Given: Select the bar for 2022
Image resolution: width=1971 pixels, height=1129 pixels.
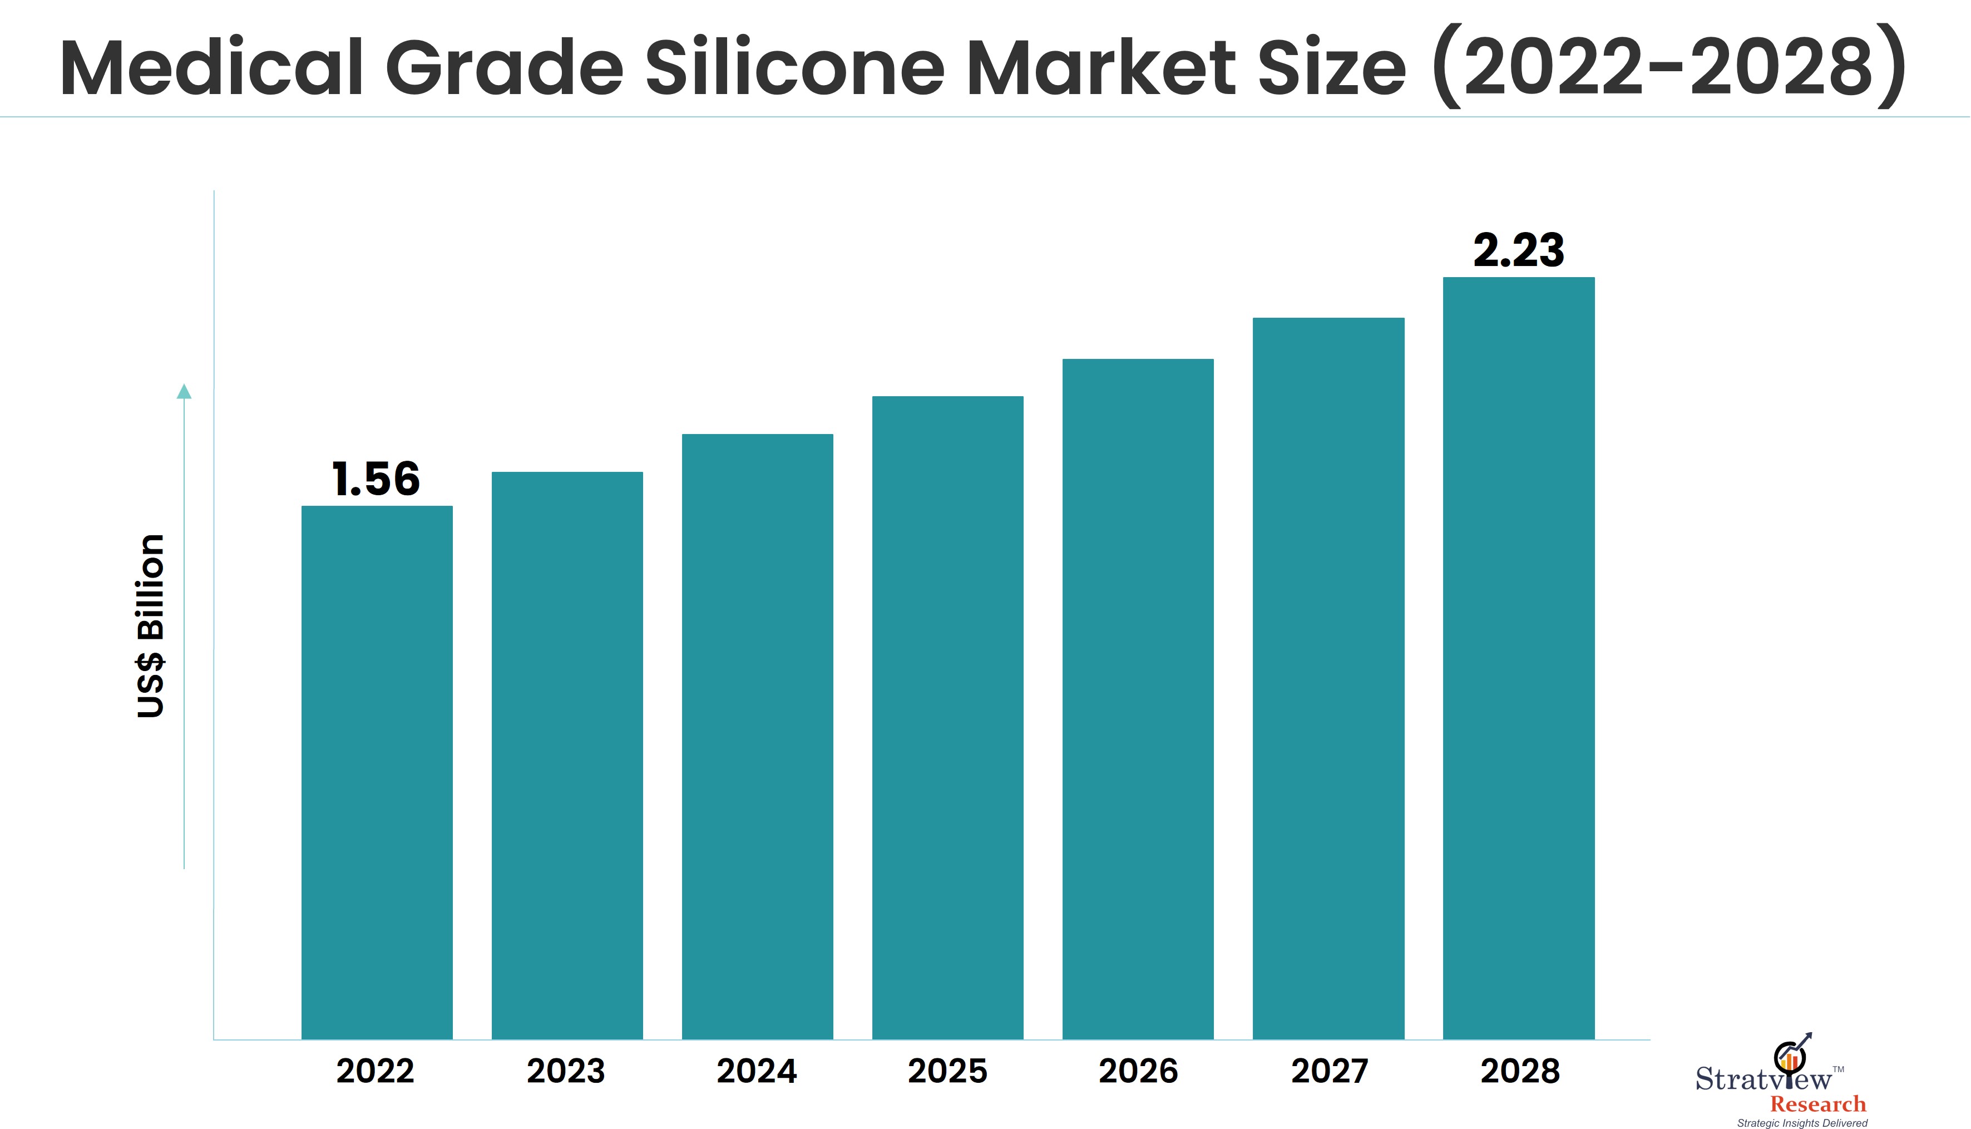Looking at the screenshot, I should click(377, 772).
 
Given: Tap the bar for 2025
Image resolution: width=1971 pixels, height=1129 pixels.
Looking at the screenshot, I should click(947, 717).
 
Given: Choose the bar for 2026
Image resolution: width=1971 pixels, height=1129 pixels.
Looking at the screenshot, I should click(1138, 698).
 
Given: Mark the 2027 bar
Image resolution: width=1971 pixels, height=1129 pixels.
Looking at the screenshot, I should click(1328, 678).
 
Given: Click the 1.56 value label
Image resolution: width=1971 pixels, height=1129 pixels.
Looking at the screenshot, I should click(376, 479).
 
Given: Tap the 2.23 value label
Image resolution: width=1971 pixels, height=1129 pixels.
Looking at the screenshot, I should click(1518, 250).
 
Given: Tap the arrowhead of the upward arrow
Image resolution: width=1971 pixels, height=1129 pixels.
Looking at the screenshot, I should click(184, 392).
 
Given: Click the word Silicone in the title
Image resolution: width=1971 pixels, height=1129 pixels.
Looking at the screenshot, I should click(795, 68).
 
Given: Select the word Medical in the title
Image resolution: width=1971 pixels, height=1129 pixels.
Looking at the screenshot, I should click(211, 68).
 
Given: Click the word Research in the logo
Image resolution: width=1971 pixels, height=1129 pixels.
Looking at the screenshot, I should click(1817, 1104).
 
